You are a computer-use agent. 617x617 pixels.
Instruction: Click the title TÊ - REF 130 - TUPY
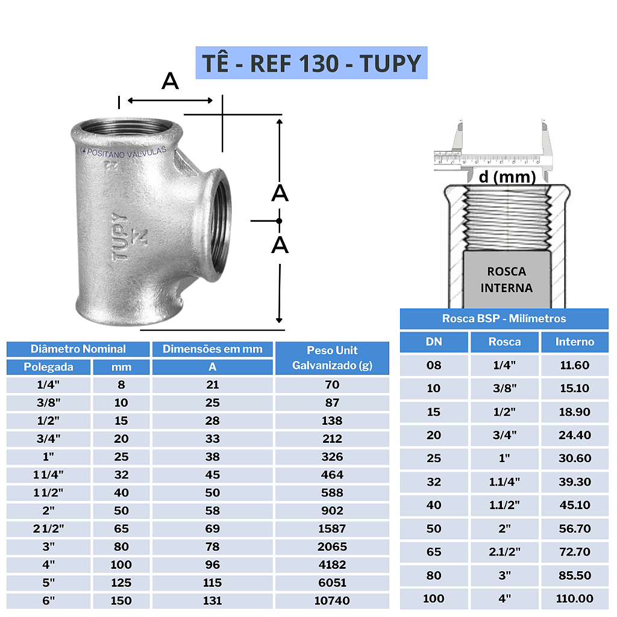click(x=311, y=63)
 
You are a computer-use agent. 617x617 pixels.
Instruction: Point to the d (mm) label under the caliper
click(x=507, y=177)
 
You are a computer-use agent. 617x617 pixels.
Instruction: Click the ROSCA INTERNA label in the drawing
click(x=506, y=280)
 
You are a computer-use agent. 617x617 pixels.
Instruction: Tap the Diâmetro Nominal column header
click(x=78, y=349)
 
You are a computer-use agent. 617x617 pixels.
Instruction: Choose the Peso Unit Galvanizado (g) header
click(x=332, y=358)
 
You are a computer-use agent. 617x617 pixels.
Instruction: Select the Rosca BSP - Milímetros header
click(x=504, y=319)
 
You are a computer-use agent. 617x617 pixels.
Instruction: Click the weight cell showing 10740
click(x=332, y=601)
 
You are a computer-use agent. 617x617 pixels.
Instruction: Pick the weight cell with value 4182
click(x=332, y=565)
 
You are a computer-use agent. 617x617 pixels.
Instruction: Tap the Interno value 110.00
click(x=574, y=599)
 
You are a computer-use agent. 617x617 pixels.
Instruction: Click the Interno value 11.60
click(x=574, y=365)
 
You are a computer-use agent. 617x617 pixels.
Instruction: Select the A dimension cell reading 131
click(x=212, y=601)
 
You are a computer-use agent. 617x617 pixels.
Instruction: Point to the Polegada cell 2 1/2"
click(x=49, y=528)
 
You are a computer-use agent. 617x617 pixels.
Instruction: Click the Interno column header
click(x=574, y=342)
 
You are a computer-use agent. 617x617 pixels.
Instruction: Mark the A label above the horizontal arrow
click(x=170, y=81)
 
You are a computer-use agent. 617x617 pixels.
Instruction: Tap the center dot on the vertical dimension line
click(x=279, y=221)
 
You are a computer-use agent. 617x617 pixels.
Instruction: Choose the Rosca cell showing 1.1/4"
click(x=504, y=482)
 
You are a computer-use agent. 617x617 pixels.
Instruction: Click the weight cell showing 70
click(x=332, y=384)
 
